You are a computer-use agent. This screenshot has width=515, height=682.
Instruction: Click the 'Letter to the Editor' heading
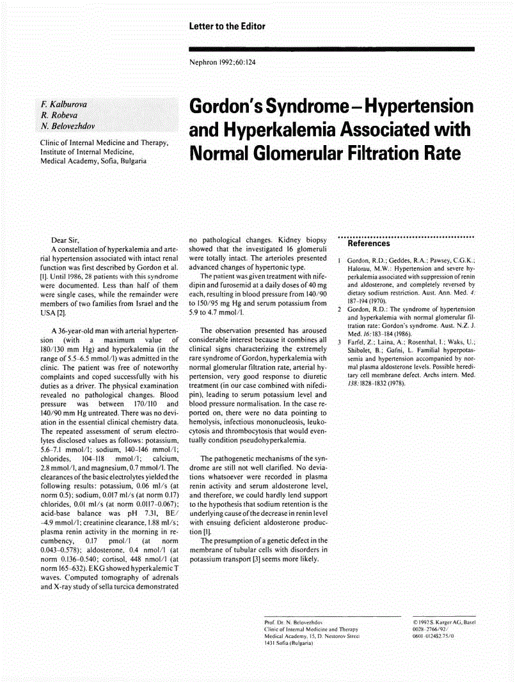click(227, 26)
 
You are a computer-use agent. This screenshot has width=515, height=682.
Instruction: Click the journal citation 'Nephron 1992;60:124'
click(223, 63)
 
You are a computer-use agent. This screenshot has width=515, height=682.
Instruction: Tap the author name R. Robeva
click(56, 115)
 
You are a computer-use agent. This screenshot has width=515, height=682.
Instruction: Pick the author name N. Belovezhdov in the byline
click(67, 127)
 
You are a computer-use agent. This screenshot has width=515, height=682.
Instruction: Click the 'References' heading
click(368, 244)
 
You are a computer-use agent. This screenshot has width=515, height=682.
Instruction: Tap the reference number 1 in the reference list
click(339, 261)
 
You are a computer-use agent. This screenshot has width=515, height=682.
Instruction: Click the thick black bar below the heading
click(331, 49)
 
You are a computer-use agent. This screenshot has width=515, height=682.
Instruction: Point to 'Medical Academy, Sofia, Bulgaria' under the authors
click(93, 161)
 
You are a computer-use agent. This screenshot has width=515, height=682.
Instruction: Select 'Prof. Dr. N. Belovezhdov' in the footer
click(293, 621)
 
